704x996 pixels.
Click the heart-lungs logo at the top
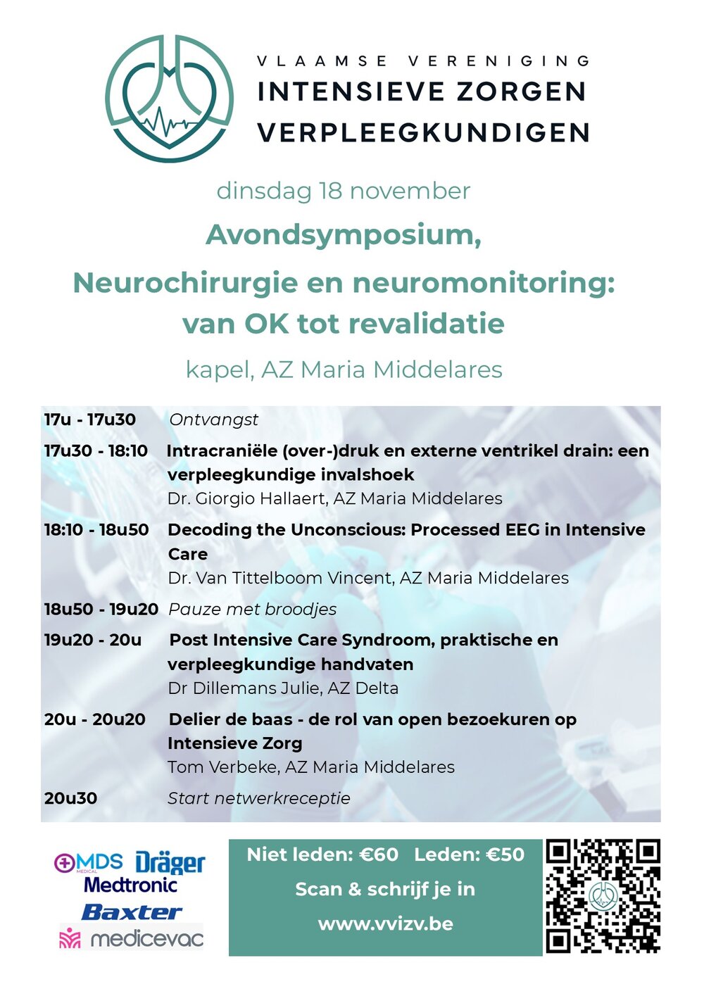pyautogui.click(x=169, y=99)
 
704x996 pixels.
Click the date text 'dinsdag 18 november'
pyautogui.click(x=343, y=191)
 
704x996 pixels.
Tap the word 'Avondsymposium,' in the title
pyautogui.click(x=343, y=235)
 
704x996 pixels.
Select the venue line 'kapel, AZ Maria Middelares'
pyautogui.click(x=344, y=370)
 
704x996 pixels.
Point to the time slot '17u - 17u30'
pyautogui.click(x=89, y=420)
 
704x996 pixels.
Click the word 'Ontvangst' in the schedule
pyautogui.click(x=213, y=420)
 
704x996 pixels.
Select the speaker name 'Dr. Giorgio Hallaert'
pyautogui.click(x=247, y=499)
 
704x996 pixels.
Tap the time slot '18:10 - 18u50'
pyautogui.click(x=96, y=530)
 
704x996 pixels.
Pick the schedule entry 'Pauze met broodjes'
pyautogui.click(x=252, y=610)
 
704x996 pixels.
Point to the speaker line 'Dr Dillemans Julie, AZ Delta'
pyautogui.click(x=283, y=688)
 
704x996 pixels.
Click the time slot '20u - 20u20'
pyautogui.click(x=94, y=719)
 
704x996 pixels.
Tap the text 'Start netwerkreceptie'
pyautogui.click(x=258, y=798)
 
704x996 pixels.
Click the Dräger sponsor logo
pyautogui.click(x=170, y=862)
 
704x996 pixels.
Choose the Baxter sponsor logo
pyautogui.click(x=132, y=912)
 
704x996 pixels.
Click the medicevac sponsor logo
pyautogui.click(x=132, y=938)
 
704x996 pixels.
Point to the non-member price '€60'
pyautogui.click(x=379, y=855)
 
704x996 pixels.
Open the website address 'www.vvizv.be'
pyautogui.click(x=385, y=923)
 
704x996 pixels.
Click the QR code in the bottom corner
pyautogui.click(x=603, y=895)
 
